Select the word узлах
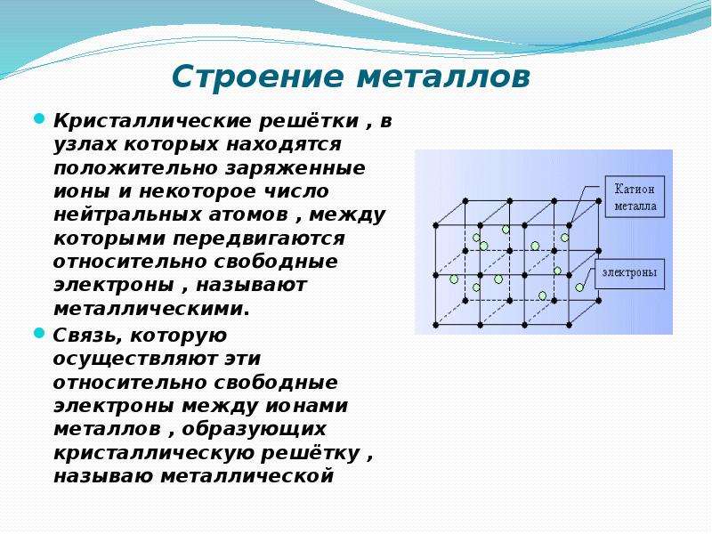click(85, 145)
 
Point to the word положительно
click(136, 168)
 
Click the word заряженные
click(295, 169)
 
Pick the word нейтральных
click(127, 215)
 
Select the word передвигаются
click(258, 239)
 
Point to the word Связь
click(87, 336)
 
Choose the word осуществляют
click(135, 360)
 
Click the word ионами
click(306, 406)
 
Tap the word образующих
click(254, 430)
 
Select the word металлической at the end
click(247, 476)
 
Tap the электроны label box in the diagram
click(629, 273)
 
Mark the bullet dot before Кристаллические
click(39, 119)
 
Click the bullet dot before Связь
click(39, 333)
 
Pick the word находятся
click(284, 145)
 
